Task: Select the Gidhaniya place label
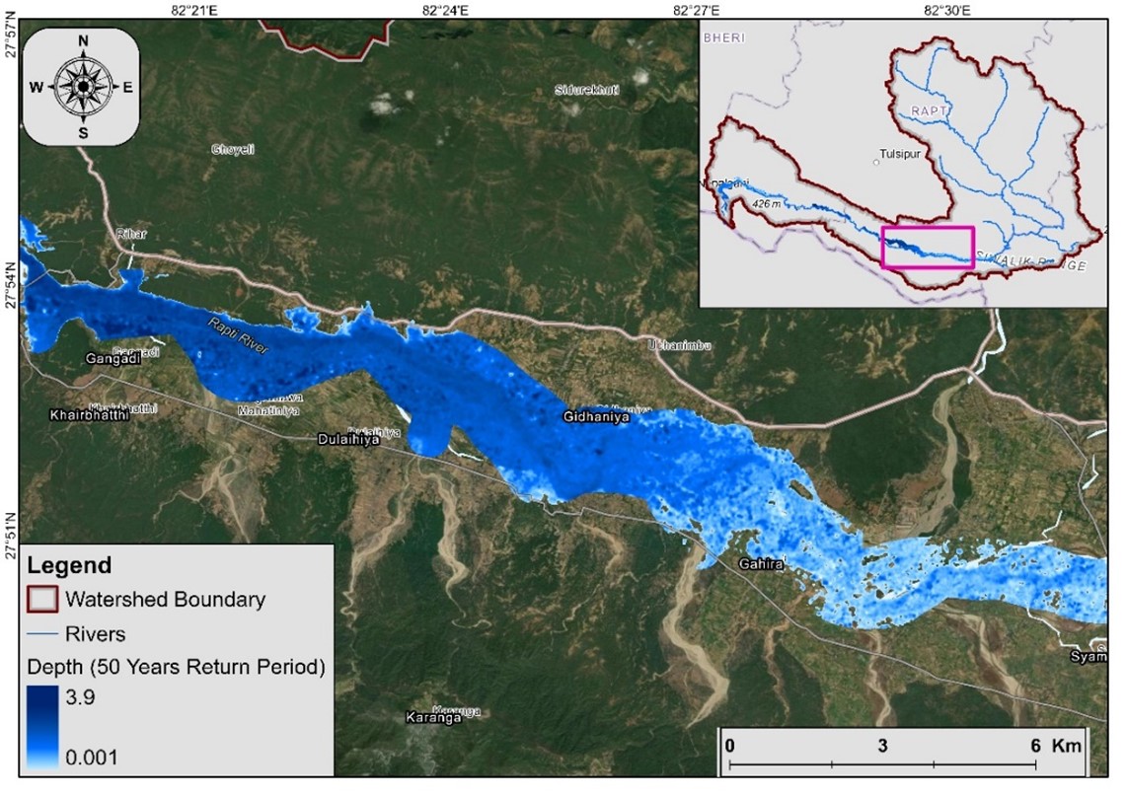(596, 417)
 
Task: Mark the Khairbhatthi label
(89, 416)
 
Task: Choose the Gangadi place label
(113, 358)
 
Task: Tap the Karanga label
(433, 718)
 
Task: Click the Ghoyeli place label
(234, 149)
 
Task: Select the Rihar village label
(131, 234)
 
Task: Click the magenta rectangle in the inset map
(928, 248)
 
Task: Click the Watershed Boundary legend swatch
(42, 599)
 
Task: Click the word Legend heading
(69, 566)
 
